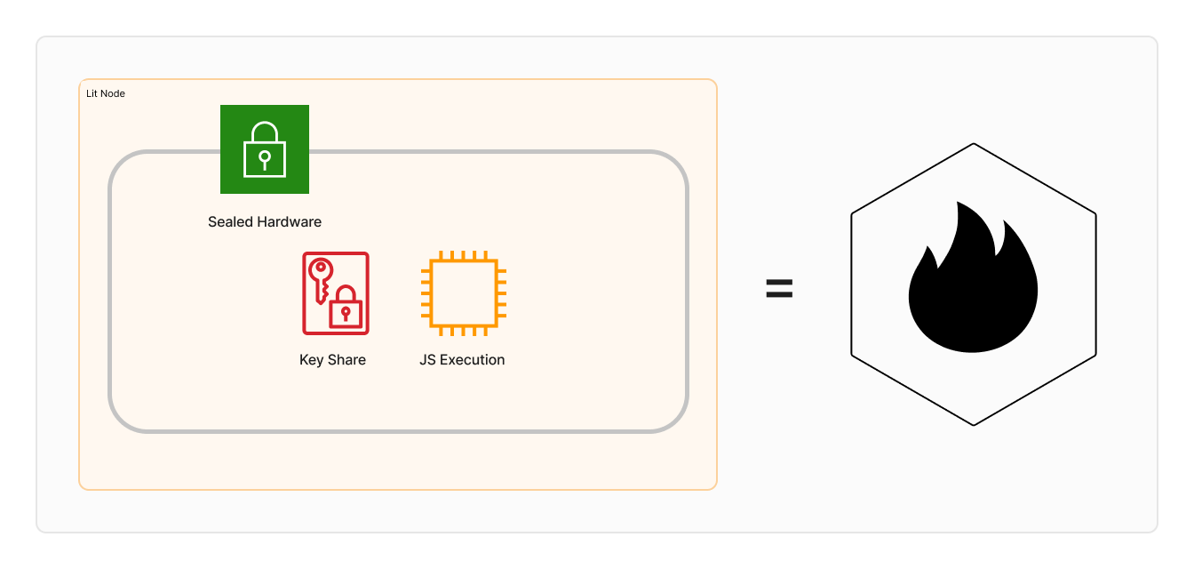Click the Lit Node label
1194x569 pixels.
105,93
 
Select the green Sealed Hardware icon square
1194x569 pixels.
265,149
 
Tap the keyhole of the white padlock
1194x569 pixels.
264,158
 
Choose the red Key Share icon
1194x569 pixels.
336,293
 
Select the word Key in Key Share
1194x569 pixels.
311,360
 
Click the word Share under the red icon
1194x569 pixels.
346,360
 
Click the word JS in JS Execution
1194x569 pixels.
428,360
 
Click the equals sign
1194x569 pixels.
779,288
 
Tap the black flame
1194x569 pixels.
973,284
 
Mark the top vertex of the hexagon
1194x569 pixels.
974,144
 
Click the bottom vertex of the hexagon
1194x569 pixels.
974,425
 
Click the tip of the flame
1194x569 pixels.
959,204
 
